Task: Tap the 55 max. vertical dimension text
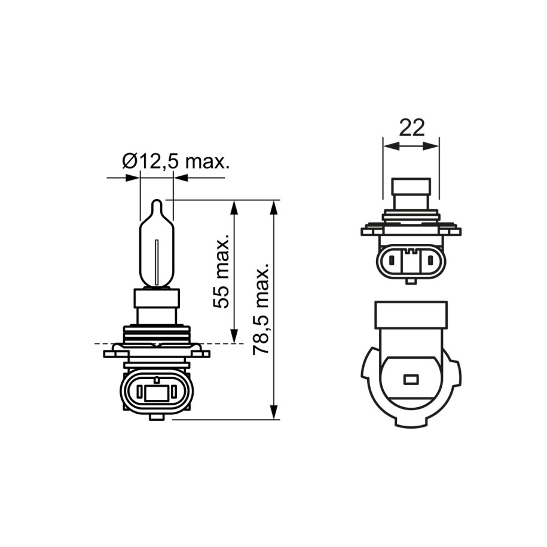click(222, 271)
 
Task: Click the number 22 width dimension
click(411, 127)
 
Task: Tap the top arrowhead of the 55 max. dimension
click(235, 207)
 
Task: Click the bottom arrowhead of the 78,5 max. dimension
click(274, 412)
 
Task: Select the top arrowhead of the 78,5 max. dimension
click(274, 207)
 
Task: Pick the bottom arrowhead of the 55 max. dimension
click(235, 337)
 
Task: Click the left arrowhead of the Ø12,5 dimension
click(133, 178)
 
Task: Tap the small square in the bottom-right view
click(411, 379)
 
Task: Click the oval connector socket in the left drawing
click(157, 392)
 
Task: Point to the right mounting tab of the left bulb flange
click(203, 353)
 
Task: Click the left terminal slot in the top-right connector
click(392, 261)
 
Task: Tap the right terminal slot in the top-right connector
click(430, 261)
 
